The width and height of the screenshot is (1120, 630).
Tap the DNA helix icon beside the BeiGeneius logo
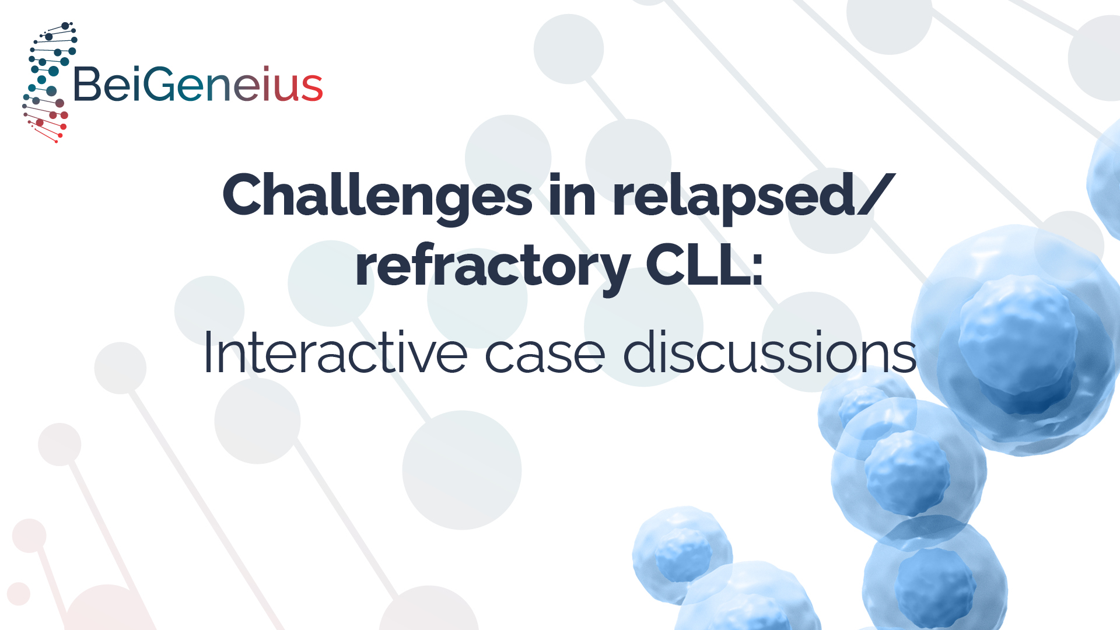click(49, 82)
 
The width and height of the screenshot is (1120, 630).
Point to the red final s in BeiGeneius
click(312, 89)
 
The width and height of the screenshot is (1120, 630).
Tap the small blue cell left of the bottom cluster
click(682, 554)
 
